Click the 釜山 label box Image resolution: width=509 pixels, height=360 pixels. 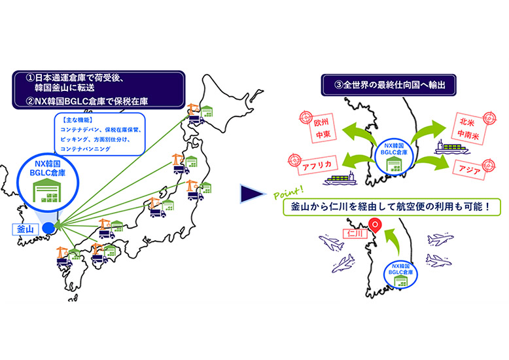click(24, 229)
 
